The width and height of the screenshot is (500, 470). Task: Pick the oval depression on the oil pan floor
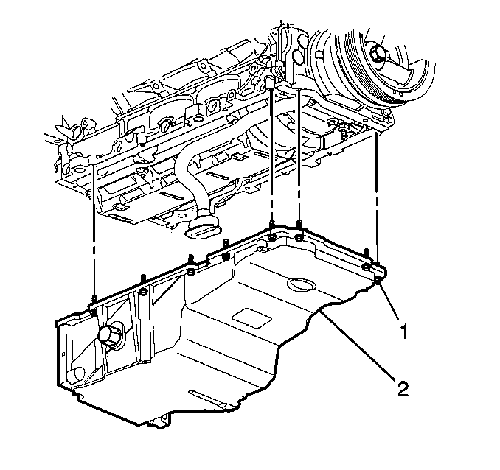300,284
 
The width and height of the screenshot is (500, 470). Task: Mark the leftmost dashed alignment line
94,236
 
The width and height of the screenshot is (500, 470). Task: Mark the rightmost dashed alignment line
377,199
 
